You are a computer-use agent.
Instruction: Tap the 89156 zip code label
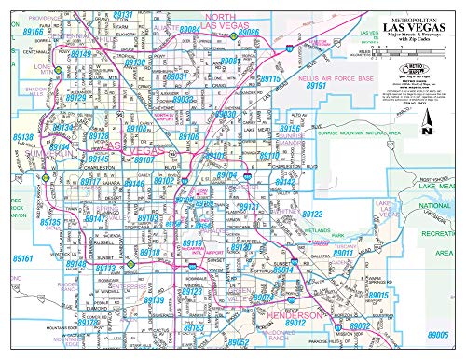point(289,128)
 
